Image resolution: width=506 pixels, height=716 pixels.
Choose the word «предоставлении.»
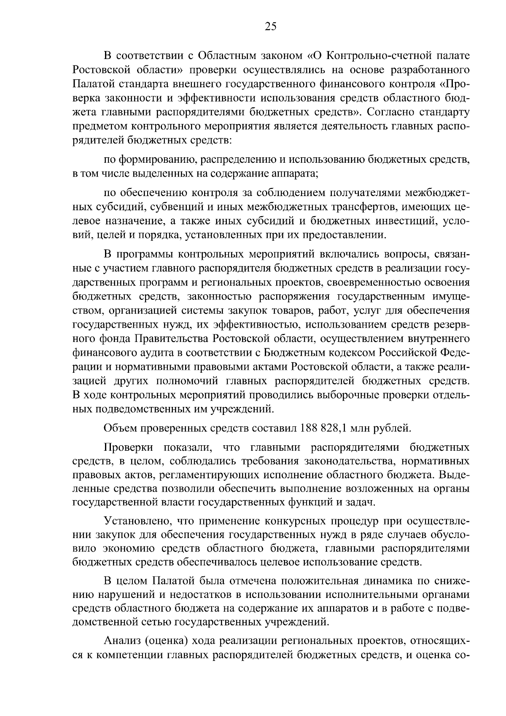352,235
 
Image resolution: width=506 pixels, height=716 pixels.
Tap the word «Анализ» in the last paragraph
121,641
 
